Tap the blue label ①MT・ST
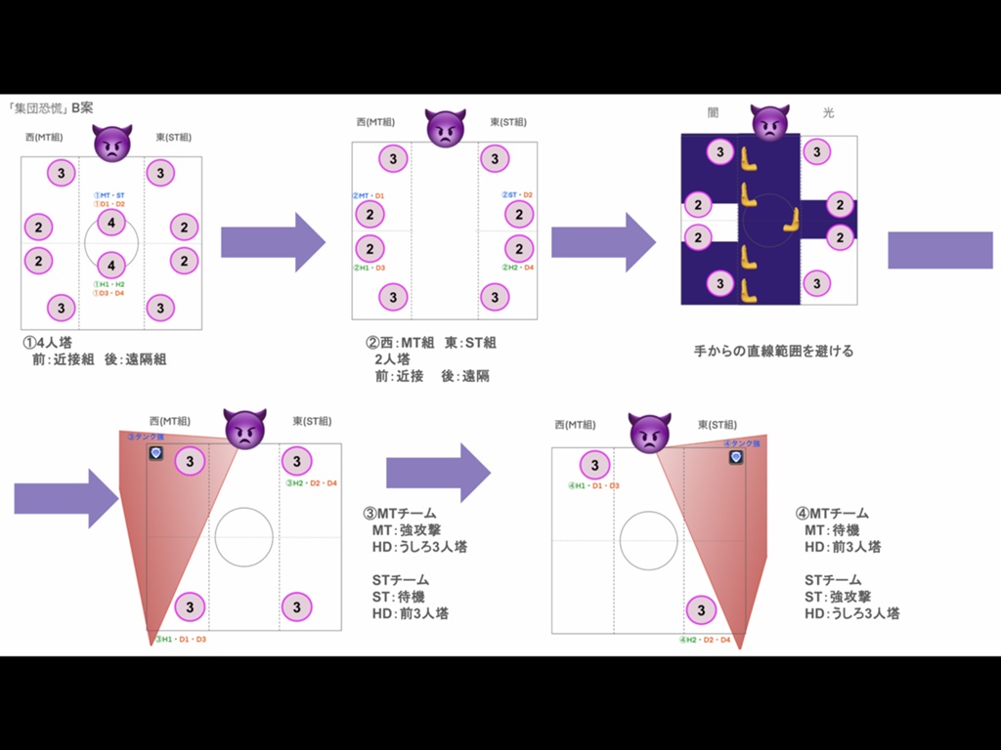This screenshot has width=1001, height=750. (109, 195)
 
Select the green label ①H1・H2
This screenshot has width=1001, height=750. (109, 284)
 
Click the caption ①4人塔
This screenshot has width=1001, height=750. (47, 344)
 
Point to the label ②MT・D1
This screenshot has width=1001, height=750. (369, 196)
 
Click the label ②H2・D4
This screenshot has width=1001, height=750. (518, 267)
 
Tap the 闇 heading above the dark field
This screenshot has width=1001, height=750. (714, 113)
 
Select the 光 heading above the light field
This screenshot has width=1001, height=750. (829, 113)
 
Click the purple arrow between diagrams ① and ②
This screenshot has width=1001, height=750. (273, 241)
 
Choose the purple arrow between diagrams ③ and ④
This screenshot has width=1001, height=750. (438, 473)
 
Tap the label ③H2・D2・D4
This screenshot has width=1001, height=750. (312, 483)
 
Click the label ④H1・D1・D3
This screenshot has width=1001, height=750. (593, 485)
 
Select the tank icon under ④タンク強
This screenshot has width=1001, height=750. (736, 457)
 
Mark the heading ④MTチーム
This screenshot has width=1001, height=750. (832, 513)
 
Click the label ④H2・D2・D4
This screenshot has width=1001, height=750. (705, 641)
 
